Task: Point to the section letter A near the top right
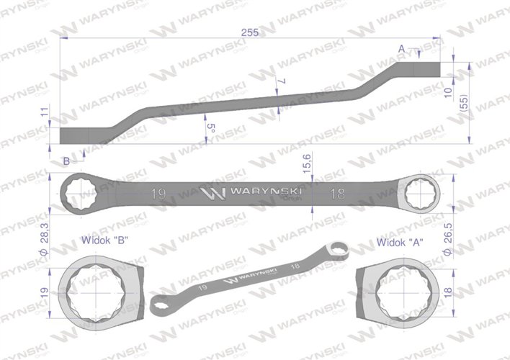click(401, 48)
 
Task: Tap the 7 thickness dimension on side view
click(283, 82)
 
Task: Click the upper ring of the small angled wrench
click(336, 249)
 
